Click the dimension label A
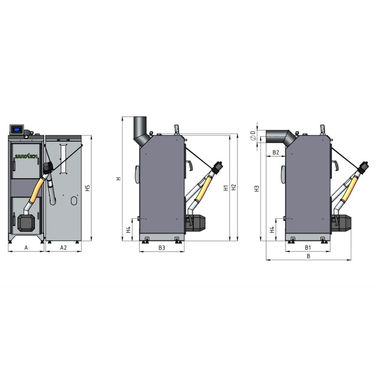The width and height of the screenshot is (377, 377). click(x=26, y=248)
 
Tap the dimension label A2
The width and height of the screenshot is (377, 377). click(x=63, y=248)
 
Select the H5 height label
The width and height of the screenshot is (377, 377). click(x=88, y=188)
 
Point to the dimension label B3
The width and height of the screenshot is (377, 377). click(x=162, y=248)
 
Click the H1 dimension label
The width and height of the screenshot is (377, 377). click(x=226, y=188)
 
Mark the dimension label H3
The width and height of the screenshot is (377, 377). click(x=257, y=188)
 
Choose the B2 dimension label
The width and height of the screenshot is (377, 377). click(x=276, y=152)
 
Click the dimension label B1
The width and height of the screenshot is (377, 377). click(x=308, y=248)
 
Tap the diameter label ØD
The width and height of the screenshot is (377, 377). click(x=253, y=136)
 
